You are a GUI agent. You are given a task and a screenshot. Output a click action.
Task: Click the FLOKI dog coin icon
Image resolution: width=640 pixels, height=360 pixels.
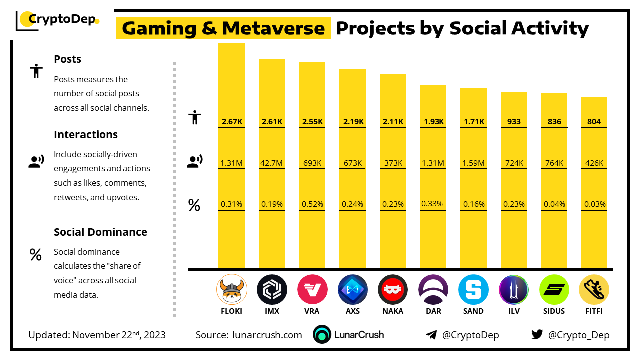coord(231,290)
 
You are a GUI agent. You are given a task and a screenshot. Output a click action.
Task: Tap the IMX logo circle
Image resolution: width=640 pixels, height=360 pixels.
coord(272,290)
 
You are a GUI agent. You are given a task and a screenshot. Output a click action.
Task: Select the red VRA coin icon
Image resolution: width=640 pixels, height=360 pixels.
coord(312,290)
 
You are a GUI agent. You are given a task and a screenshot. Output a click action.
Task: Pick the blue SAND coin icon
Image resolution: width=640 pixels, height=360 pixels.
coord(473,290)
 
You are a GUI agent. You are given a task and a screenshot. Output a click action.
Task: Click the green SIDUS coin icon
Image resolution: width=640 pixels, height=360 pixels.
coord(554,290)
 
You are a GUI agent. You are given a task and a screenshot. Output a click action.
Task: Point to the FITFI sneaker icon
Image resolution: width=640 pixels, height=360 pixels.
coord(594,290)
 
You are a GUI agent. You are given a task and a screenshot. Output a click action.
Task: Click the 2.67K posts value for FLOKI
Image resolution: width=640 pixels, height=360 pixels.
coord(231,121)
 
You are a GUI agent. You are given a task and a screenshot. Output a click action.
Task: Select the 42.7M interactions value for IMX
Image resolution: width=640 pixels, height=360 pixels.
coord(272,163)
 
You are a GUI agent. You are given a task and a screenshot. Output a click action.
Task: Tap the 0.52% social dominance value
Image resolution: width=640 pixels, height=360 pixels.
coord(312,204)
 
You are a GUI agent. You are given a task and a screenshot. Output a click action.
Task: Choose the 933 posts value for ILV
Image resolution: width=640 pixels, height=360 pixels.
coord(514,121)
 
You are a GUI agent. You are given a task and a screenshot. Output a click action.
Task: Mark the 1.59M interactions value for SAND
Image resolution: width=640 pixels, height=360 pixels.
coord(473,163)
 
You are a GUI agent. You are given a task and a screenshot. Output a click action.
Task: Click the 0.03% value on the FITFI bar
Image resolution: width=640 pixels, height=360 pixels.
coord(595,204)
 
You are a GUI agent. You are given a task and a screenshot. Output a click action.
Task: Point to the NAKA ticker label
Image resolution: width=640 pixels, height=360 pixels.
coord(393,311)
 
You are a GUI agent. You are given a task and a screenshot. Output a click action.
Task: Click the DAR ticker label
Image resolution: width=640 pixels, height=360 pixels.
coord(433,311)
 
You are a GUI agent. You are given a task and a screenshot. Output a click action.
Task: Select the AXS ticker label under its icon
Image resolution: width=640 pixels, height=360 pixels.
coord(352,311)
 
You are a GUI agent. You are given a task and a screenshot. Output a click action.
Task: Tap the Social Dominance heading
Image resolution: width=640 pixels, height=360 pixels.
coord(100,232)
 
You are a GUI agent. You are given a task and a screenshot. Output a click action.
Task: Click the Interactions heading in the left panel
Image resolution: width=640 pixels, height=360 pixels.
coord(86,134)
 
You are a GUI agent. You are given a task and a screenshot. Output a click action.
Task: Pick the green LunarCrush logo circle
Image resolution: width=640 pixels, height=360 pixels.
coord(322,335)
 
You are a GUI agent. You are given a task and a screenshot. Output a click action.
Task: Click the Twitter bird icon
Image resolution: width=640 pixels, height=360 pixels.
coord(537,335)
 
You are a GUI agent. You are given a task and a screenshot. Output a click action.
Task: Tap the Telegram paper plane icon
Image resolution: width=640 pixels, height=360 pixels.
coord(431,335)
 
